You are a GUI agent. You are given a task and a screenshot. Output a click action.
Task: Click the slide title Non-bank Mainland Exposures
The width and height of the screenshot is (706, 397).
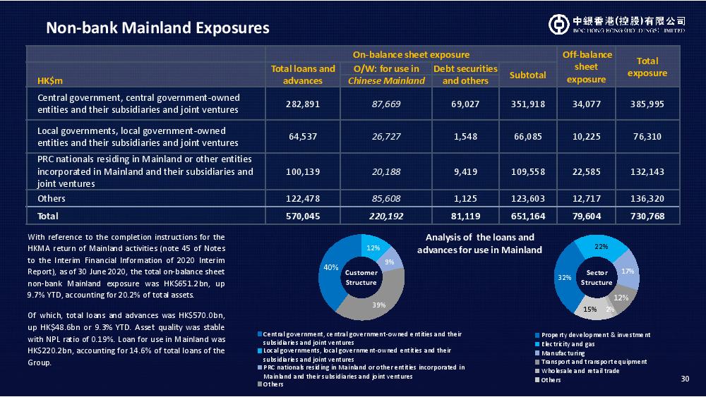pyautogui.click(x=157, y=28)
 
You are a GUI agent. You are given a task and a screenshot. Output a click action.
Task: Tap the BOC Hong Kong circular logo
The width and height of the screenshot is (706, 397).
pyautogui.click(x=558, y=24)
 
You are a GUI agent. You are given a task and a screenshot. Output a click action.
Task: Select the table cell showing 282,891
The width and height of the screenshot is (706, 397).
pyautogui.click(x=303, y=104)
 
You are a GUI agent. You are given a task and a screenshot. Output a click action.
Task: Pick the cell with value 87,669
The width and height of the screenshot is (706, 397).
pyautogui.click(x=386, y=104)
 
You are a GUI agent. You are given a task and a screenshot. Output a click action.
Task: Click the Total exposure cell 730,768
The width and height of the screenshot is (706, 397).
pyautogui.click(x=647, y=216)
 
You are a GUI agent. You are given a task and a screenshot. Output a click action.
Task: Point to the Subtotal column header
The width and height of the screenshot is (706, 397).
pyautogui.click(x=527, y=75)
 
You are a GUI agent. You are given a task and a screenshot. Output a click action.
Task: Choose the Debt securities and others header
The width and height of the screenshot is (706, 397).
pyautogui.click(x=465, y=75)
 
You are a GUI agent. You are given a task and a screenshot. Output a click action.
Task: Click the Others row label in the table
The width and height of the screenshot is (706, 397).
pyautogui.click(x=52, y=198)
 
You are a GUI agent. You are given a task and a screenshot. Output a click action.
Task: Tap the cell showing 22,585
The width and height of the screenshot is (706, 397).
pyautogui.click(x=586, y=172)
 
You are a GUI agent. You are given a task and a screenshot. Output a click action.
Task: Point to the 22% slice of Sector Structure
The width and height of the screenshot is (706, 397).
pyautogui.click(x=601, y=246)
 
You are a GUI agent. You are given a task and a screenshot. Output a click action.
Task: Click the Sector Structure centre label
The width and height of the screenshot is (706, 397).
pyautogui.click(x=597, y=277)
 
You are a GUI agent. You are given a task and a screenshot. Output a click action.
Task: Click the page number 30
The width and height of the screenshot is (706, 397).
pyautogui.click(x=685, y=379)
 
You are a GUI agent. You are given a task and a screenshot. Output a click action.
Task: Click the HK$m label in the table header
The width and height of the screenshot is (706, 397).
pyautogui.click(x=50, y=81)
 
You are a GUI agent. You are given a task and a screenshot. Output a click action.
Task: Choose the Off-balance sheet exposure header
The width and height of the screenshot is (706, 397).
pyautogui.click(x=586, y=66)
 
